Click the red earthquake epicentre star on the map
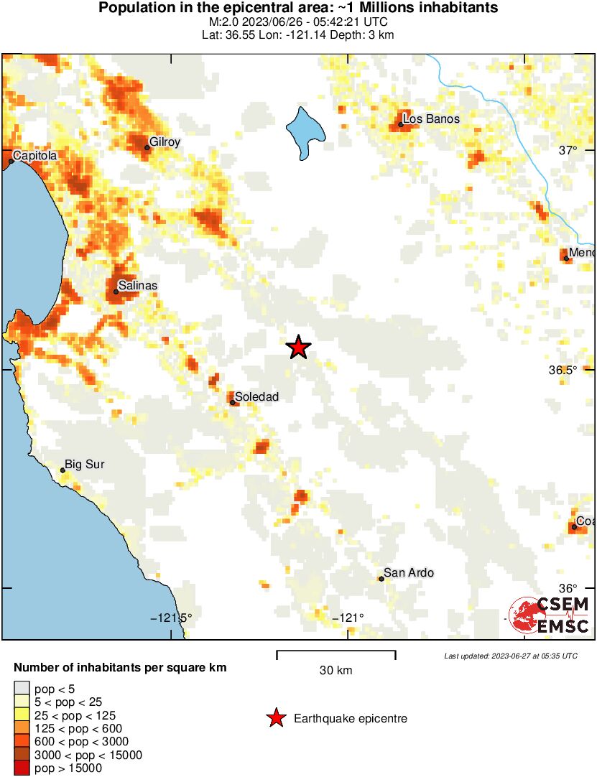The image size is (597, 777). coord(298,348)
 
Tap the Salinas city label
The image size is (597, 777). coord(137,286)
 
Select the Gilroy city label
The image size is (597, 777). coord(165,142)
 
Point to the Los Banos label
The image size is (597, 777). coord(431,119)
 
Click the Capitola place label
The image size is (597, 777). coord(34,155)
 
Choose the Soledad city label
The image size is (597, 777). coord(256,397)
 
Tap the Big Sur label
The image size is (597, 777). coord(84,465)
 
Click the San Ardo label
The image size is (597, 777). coord(409,573)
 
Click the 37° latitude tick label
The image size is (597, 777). coord(568,150)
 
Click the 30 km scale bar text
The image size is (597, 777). coord(335,671)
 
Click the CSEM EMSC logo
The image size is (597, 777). coord(550,615)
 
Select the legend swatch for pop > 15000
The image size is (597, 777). coord(22,768)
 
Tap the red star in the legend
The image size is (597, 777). coord(275,718)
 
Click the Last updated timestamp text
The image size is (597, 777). coord(510,656)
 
